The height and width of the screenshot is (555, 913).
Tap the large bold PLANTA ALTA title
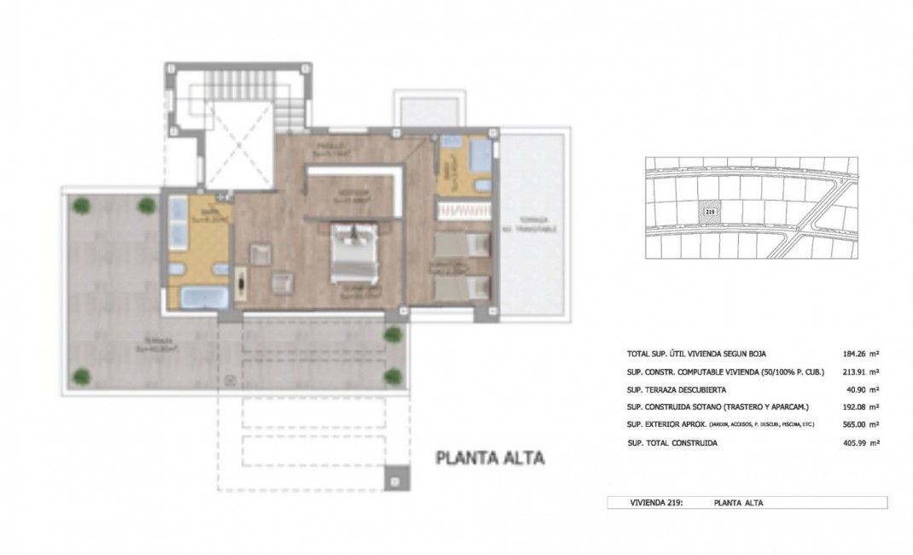(490, 459)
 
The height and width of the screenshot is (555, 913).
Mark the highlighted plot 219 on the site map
(709, 210)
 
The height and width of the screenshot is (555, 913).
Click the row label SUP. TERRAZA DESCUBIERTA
(676, 389)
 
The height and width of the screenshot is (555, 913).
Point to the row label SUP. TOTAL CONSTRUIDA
(672, 443)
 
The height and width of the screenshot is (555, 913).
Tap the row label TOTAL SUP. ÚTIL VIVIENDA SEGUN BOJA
(702, 353)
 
